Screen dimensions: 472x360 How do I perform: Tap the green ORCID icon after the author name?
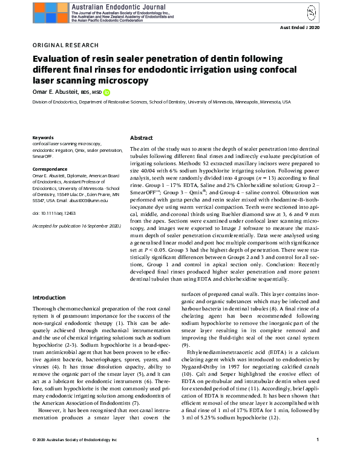(106, 93)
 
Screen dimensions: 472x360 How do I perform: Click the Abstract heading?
(142, 138)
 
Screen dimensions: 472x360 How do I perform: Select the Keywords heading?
(43, 138)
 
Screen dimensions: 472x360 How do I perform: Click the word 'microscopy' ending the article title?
(124, 80)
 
